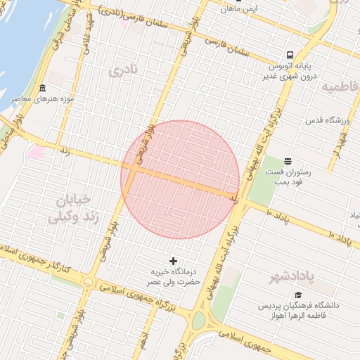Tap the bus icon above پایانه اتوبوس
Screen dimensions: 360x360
[x=290, y=55]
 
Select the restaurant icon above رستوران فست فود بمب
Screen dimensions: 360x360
[x=286, y=161]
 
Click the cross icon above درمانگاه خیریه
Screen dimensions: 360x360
[x=174, y=261]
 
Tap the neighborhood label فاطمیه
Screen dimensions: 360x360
[x=340, y=86]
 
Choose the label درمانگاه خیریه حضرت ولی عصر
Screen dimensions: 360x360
[x=173, y=276]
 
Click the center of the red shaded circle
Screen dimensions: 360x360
[x=180, y=179]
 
